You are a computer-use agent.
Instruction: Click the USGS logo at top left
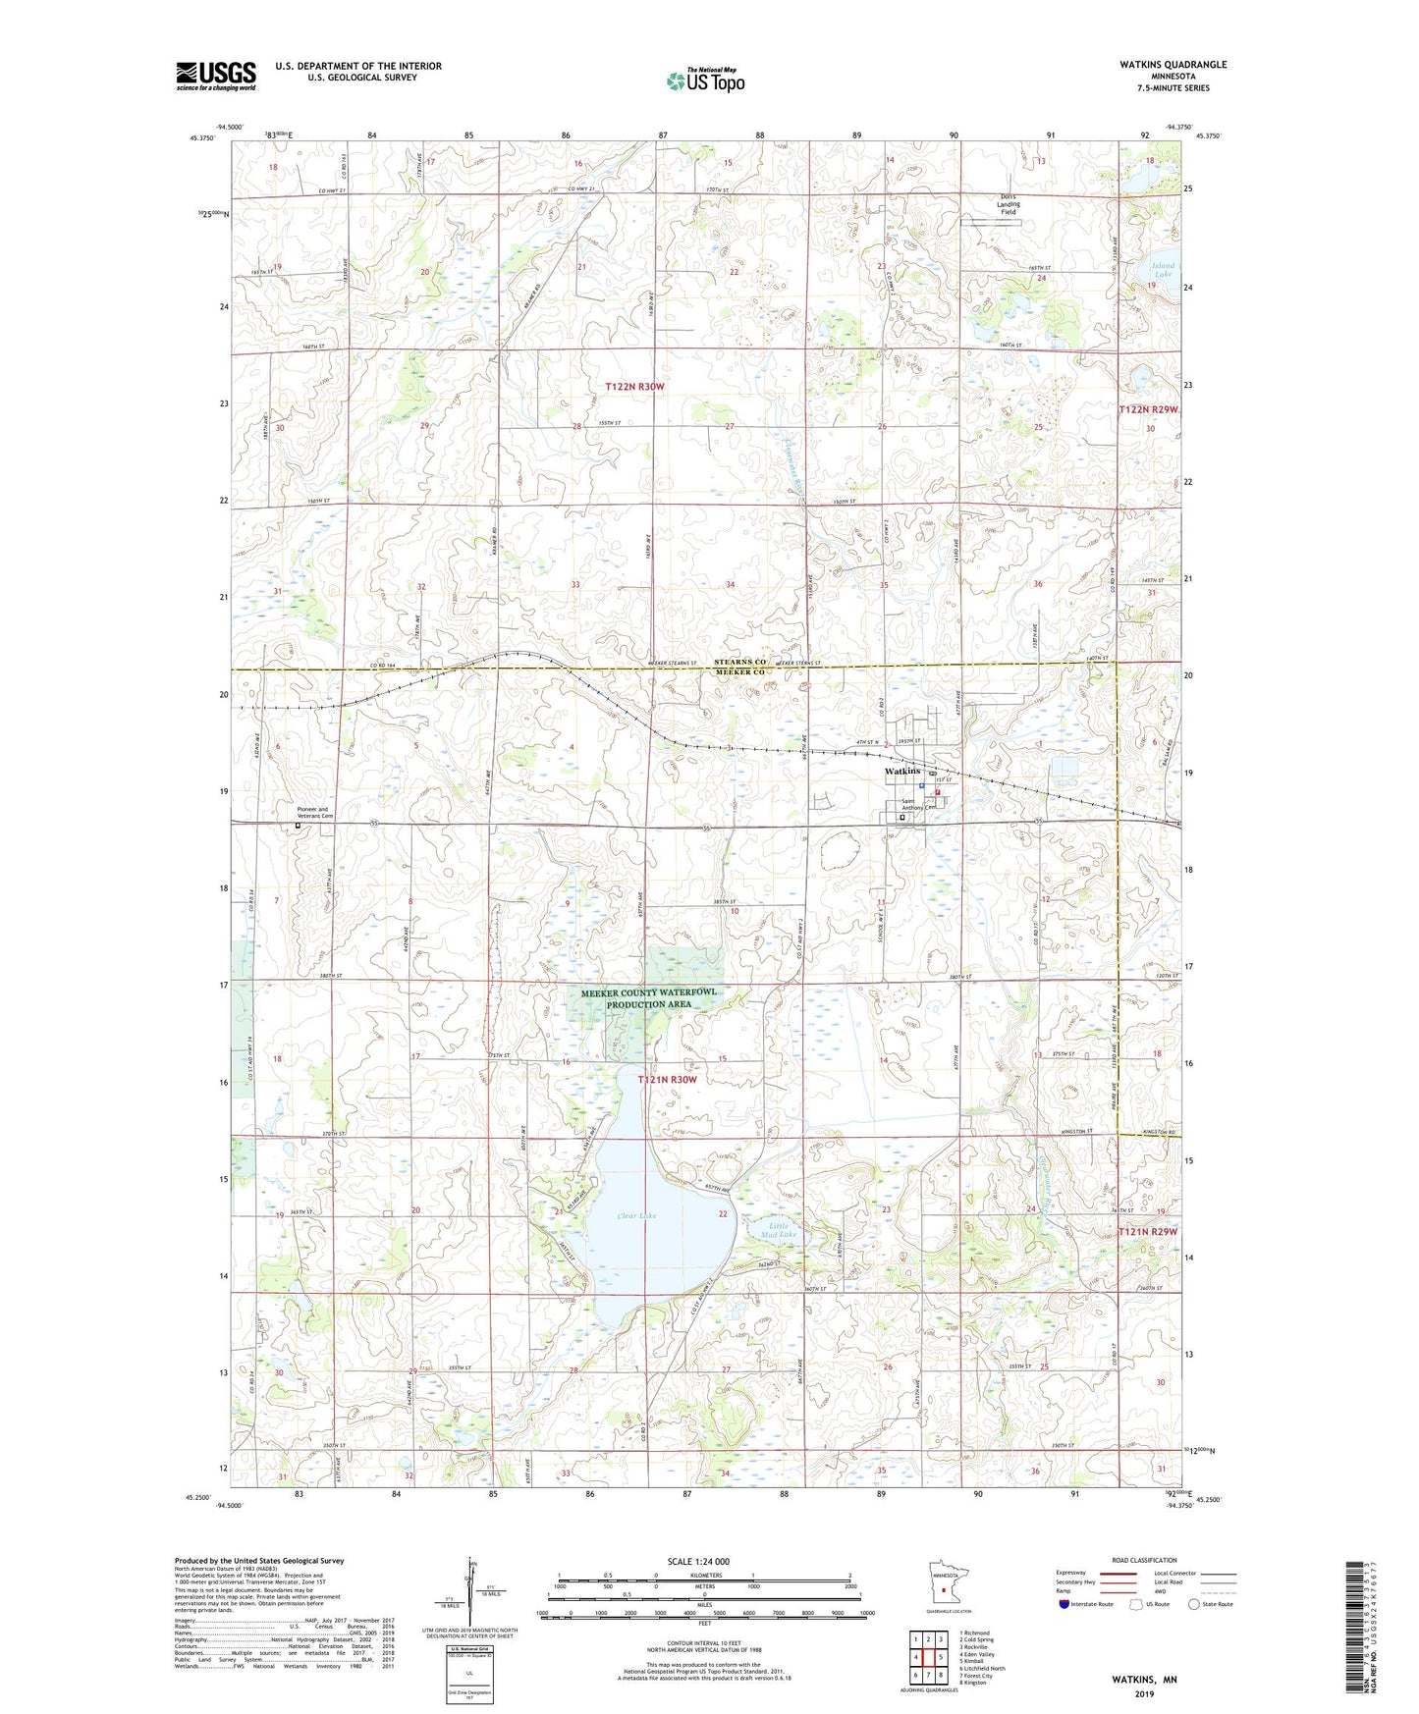point(215,75)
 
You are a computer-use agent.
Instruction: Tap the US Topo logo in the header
point(706,80)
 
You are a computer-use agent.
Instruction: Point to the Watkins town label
point(902,772)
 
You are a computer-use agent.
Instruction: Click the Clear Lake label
point(636,1216)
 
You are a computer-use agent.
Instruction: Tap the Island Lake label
point(1163,270)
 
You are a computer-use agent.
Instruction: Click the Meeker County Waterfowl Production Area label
point(648,998)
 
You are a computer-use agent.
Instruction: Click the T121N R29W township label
point(1147,1232)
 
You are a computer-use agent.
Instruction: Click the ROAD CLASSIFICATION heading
point(1144,1560)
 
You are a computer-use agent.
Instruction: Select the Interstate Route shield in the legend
point(1066,1604)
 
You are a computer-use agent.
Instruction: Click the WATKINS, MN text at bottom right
point(1144,1680)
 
